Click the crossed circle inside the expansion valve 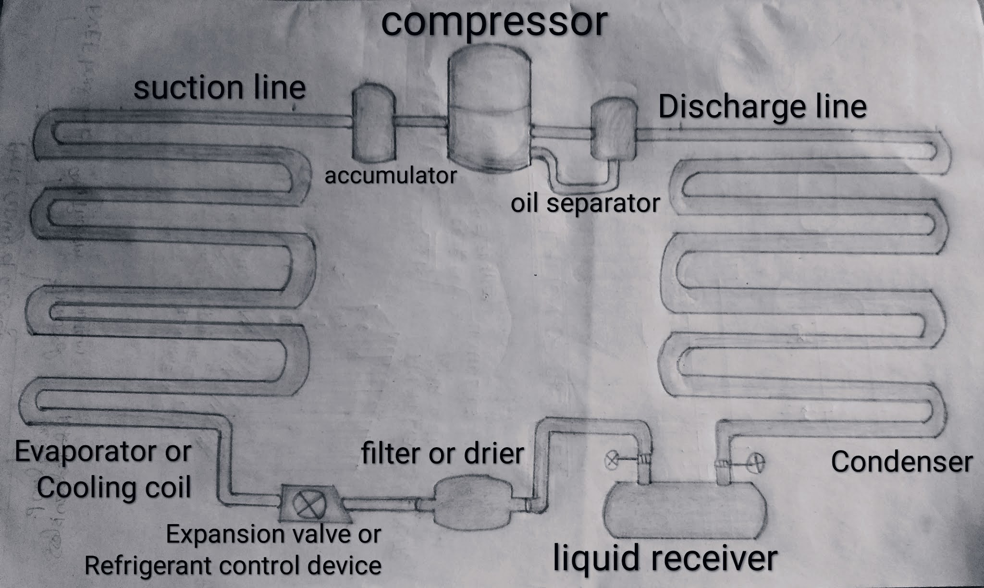(306, 504)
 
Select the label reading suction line (220, 87)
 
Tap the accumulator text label (390, 176)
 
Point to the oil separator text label (585, 203)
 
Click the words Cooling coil (114, 488)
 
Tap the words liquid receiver (664, 559)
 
